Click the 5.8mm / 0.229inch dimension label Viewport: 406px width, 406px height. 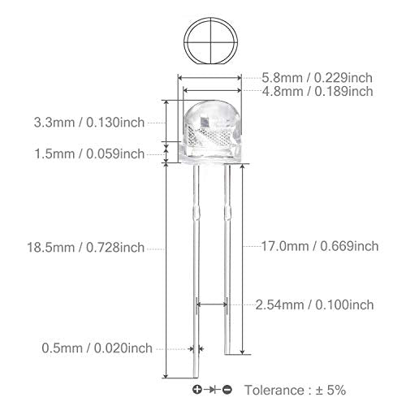(x=317, y=78)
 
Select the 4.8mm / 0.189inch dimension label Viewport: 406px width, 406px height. (x=317, y=92)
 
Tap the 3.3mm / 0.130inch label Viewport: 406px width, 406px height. (x=89, y=123)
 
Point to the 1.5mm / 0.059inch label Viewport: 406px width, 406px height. (x=89, y=154)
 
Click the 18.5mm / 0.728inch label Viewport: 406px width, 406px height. (x=86, y=248)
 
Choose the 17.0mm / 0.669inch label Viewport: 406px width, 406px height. (x=320, y=246)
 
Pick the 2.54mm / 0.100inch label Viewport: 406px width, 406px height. (x=314, y=305)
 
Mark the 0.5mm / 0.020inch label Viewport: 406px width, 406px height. (x=97, y=348)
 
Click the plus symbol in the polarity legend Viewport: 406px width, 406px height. (x=197, y=390)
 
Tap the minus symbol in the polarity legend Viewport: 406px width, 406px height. (x=227, y=390)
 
